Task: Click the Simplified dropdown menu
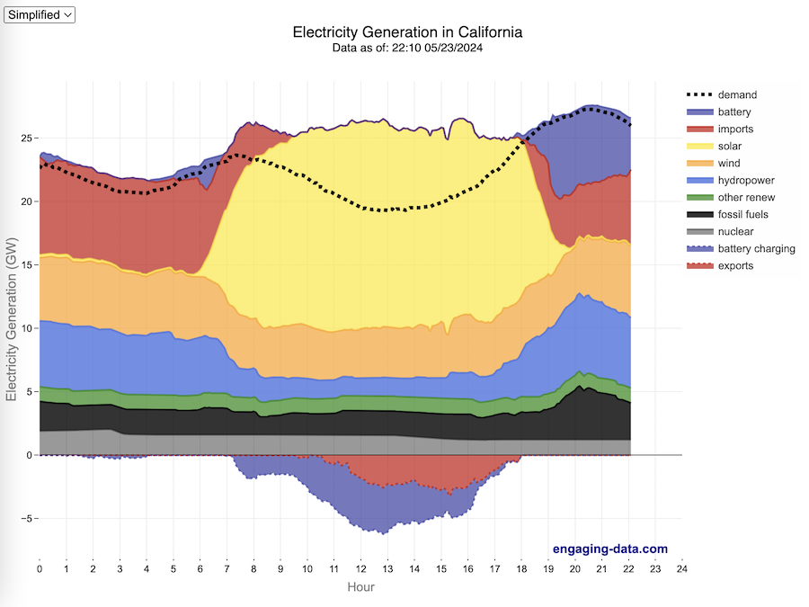[x=40, y=14]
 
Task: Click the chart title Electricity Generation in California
[x=407, y=32]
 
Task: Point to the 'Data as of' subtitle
[x=407, y=48]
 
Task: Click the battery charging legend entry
[x=756, y=248]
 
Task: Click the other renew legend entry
[x=746, y=197]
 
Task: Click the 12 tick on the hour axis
[x=361, y=569]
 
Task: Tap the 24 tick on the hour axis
[x=682, y=569]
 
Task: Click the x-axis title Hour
[x=360, y=587]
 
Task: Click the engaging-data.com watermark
[x=609, y=549]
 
